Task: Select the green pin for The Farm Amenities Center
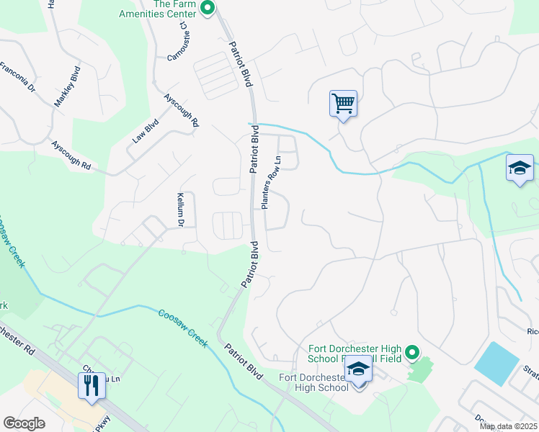click(208, 9)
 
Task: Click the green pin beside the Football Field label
click(411, 353)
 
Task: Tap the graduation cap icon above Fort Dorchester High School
click(358, 369)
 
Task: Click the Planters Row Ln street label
click(269, 183)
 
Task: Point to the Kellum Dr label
click(182, 210)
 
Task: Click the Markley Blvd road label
click(66, 87)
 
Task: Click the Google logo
click(24, 423)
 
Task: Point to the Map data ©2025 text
click(508, 426)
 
